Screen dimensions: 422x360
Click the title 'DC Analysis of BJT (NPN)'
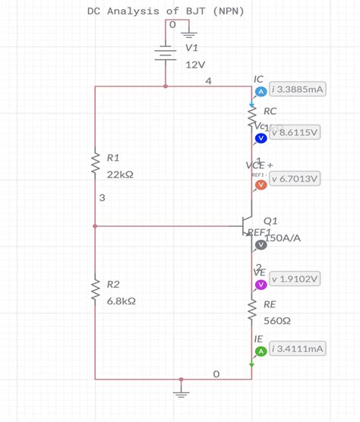click(x=165, y=11)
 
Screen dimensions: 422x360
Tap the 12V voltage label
click(x=196, y=65)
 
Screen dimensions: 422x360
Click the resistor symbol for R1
click(x=95, y=162)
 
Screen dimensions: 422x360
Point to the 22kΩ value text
click(x=121, y=175)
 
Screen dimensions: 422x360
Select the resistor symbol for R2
click(x=95, y=288)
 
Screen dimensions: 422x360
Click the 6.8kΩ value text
click(x=121, y=301)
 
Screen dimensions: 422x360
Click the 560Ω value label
click(x=276, y=320)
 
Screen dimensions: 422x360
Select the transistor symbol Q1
click(x=247, y=225)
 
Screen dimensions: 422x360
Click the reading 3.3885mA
click(x=297, y=90)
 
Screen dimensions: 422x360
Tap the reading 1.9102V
click(x=295, y=279)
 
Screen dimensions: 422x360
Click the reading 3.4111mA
click(x=297, y=348)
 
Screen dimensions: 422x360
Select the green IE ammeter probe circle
click(x=261, y=351)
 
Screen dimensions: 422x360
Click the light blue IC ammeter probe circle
click(x=261, y=91)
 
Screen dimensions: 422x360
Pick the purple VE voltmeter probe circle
click(x=261, y=284)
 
